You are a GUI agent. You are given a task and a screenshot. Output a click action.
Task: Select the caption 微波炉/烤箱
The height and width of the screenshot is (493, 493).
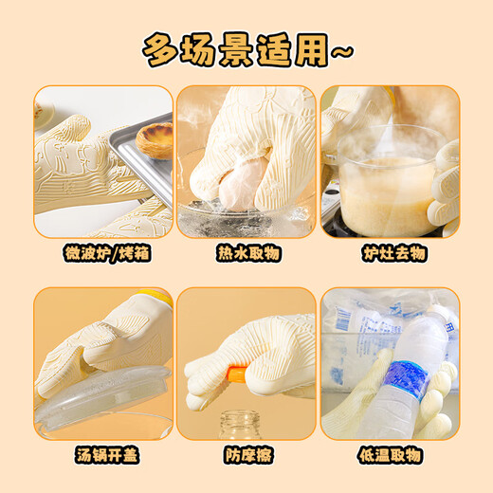(103, 253)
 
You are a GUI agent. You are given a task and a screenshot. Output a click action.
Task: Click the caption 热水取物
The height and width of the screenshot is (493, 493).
(246, 253)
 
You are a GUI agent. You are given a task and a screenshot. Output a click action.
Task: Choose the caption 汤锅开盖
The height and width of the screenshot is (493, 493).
(103, 456)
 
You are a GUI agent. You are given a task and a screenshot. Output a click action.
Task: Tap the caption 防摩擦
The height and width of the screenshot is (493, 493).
(246, 456)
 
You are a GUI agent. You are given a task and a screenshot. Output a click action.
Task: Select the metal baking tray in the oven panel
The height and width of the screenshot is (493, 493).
(142, 166)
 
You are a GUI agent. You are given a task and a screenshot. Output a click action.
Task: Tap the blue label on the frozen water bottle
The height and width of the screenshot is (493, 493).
(408, 379)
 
